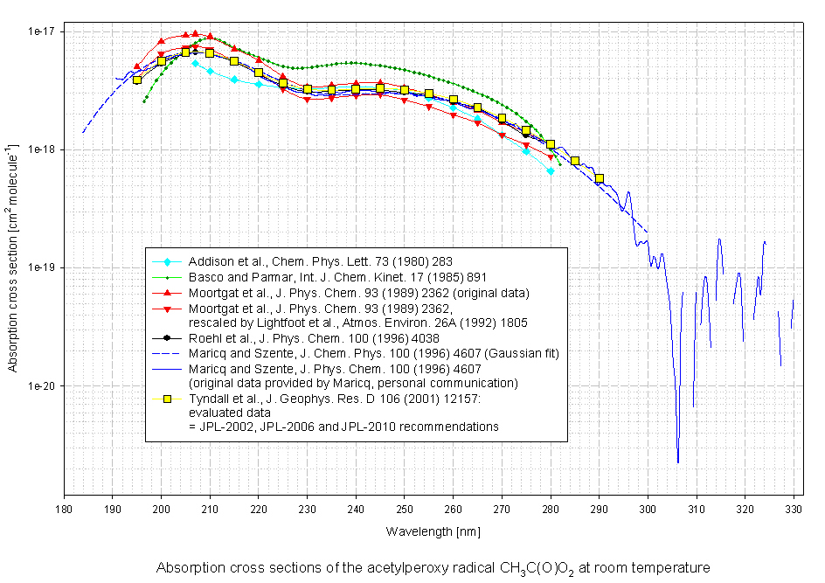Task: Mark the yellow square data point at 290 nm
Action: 600,178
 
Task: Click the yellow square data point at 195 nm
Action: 137,80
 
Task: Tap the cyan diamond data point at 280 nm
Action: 551,171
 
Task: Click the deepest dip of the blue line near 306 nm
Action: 678,462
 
